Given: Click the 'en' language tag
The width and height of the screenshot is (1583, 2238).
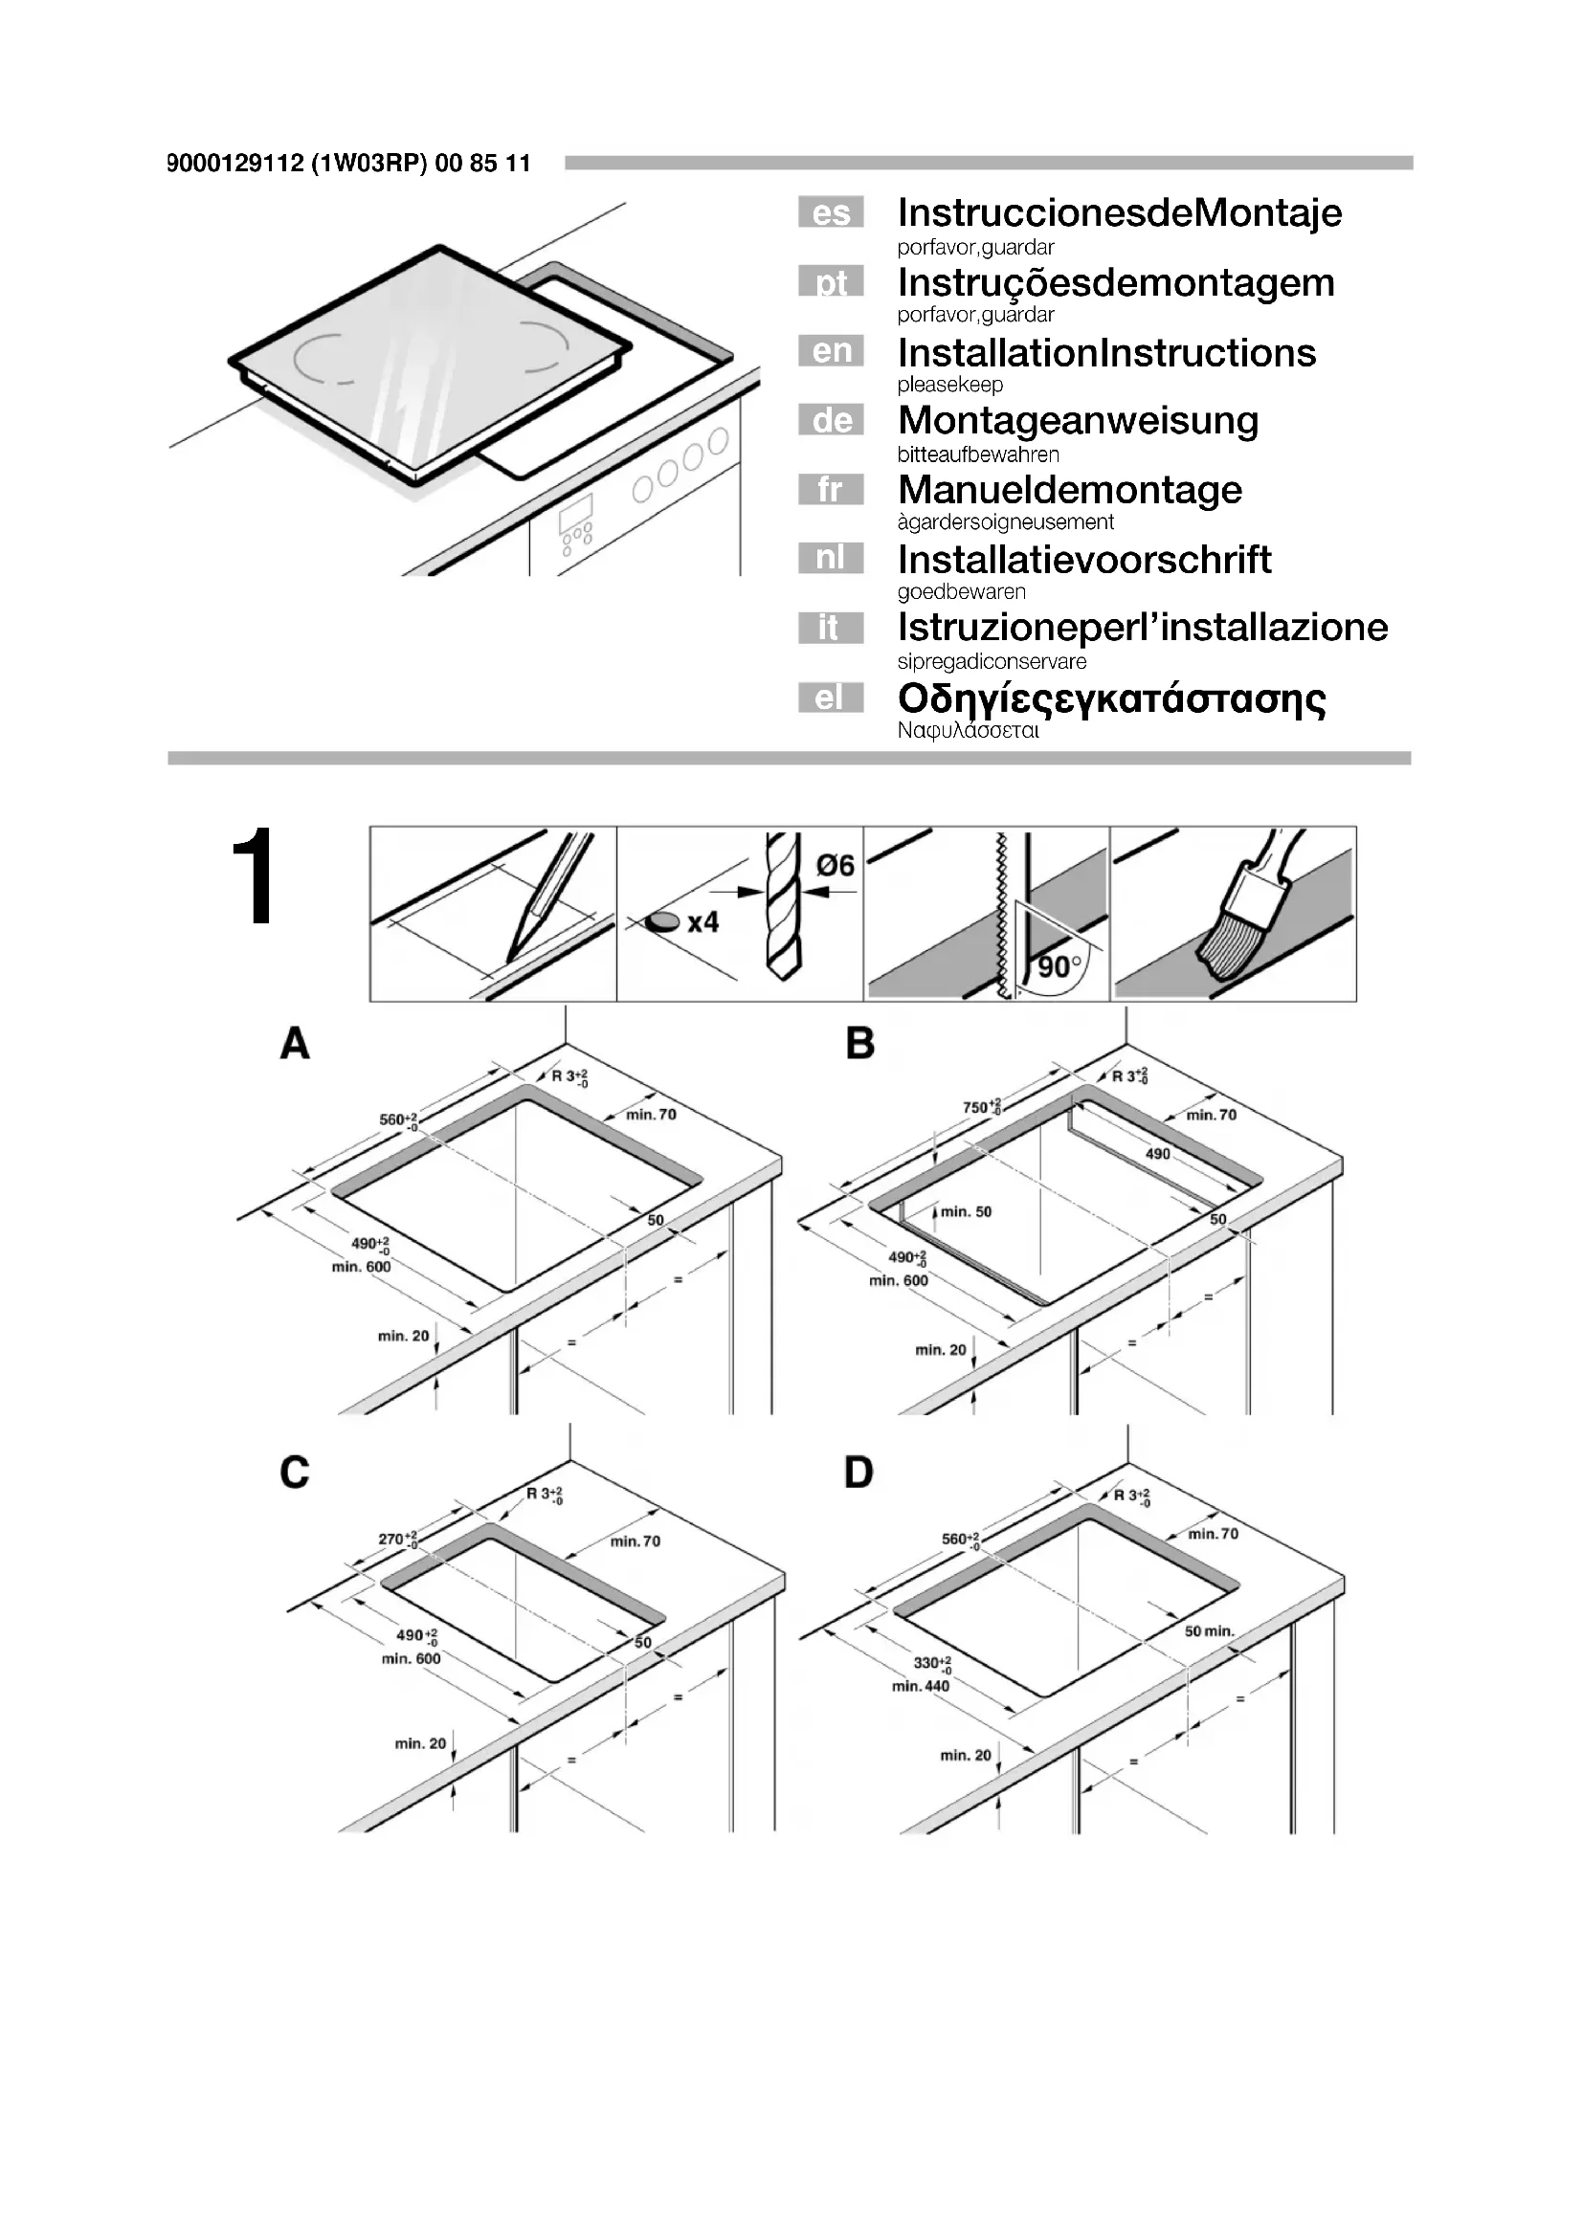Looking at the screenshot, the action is click(831, 351).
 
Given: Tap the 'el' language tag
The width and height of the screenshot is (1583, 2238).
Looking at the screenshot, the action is click(831, 698).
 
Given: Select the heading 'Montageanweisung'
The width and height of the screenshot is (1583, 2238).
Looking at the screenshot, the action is click(1078, 421).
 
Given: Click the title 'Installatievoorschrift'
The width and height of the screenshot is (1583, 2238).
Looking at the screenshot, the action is click(1084, 560).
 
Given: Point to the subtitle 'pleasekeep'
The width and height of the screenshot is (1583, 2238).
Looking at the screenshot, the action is click(949, 385).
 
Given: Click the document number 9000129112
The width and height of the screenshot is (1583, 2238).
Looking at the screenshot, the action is click(234, 164).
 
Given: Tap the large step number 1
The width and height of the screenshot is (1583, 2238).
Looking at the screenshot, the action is click(254, 879).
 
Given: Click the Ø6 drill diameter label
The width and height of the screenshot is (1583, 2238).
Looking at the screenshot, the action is click(835, 866).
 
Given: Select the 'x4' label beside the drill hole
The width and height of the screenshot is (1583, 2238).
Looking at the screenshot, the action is click(702, 922).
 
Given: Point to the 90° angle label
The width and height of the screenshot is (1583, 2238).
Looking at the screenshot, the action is click(1059, 967).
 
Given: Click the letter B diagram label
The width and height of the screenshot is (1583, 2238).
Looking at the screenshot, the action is click(859, 1044).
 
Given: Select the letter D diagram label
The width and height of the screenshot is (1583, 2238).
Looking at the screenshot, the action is click(858, 1472).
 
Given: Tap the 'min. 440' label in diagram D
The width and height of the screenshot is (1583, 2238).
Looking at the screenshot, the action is click(920, 1686).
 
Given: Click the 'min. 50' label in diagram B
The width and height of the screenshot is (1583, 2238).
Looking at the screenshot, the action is click(965, 1211).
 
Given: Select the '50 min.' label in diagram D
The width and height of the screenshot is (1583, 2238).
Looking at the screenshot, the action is click(1209, 1631).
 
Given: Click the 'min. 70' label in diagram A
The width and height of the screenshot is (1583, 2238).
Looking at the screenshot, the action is click(650, 1114).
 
